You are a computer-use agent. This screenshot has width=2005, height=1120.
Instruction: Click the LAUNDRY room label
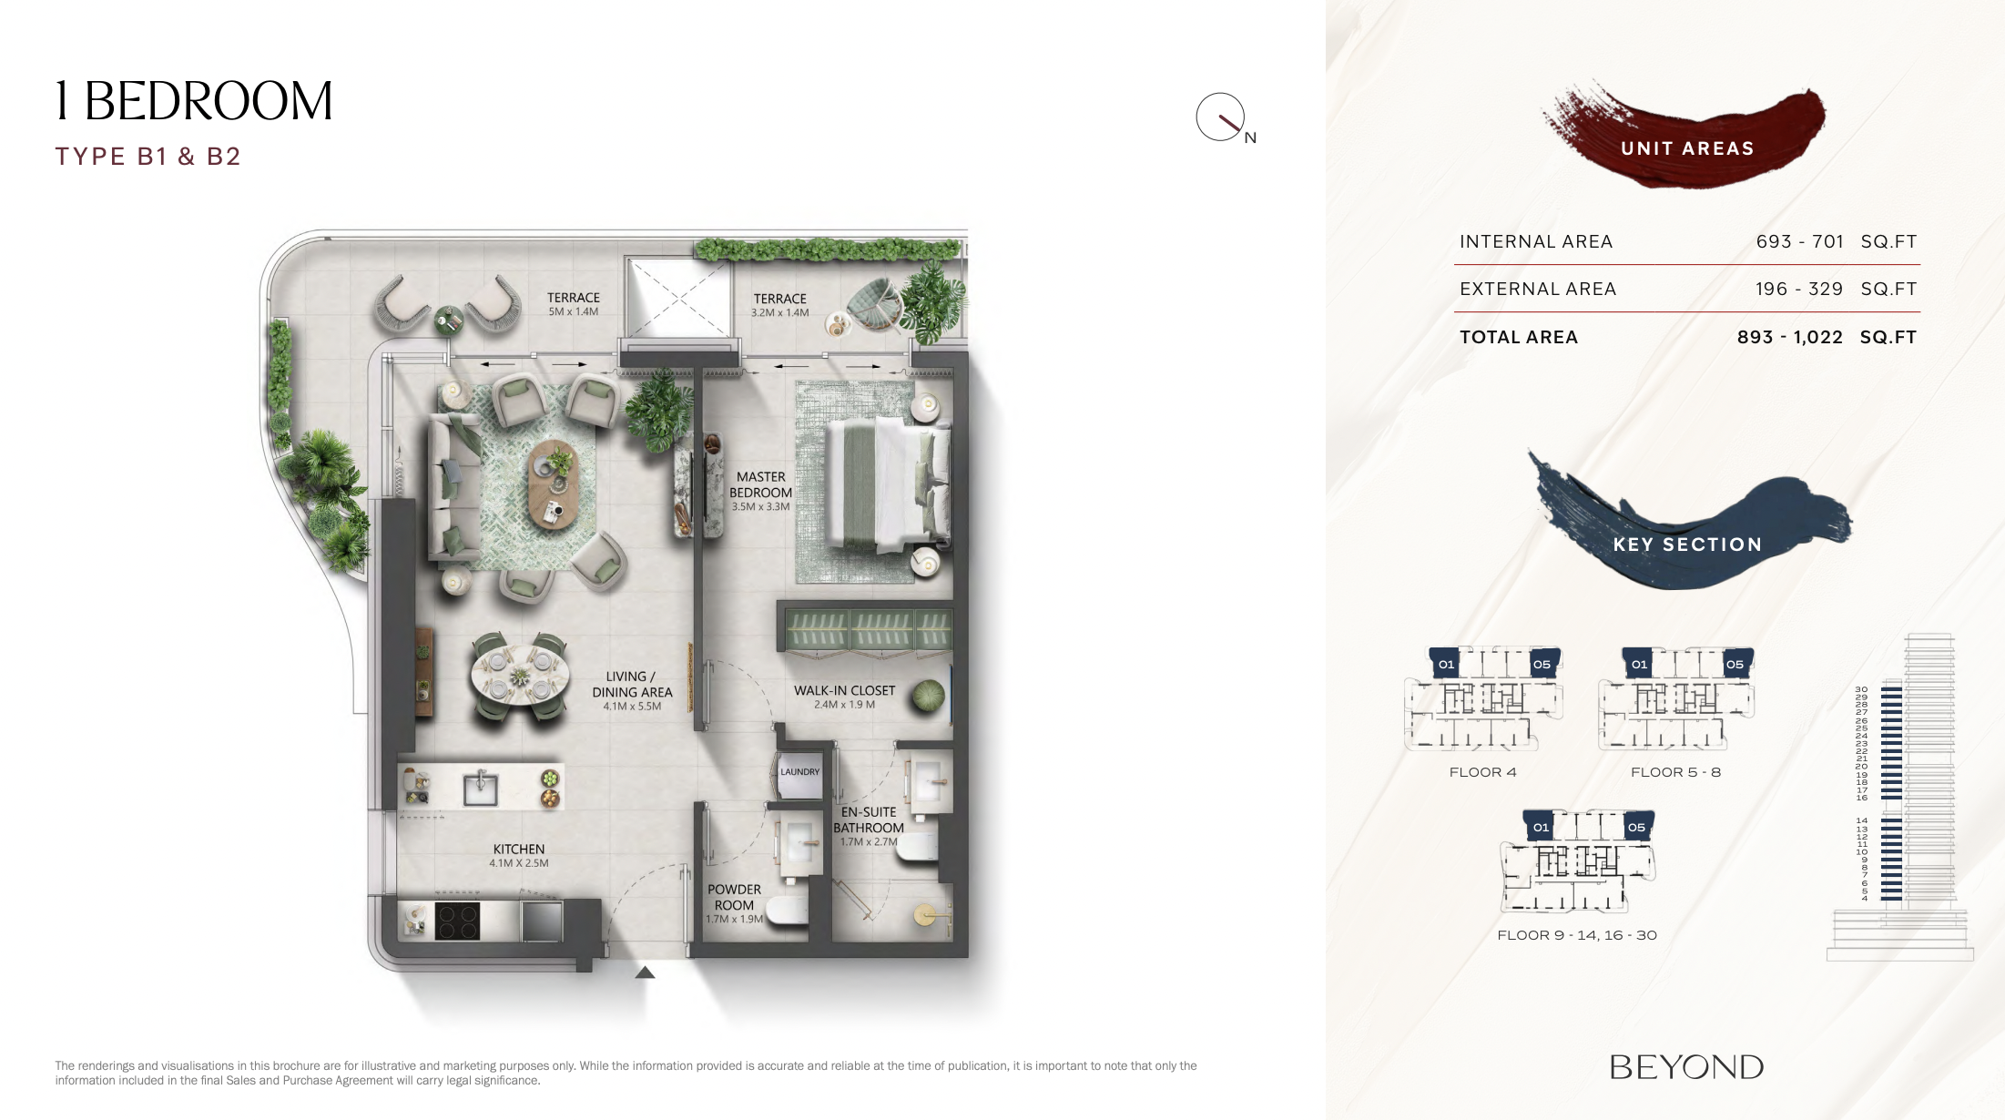point(799,772)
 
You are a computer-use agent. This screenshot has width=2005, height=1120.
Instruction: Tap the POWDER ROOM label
point(734,897)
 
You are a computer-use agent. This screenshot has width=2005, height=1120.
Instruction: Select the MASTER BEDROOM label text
point(760,484)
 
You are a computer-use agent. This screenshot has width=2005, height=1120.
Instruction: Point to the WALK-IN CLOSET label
point(844,690)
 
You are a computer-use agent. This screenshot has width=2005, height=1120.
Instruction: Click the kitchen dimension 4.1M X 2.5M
point(519,863)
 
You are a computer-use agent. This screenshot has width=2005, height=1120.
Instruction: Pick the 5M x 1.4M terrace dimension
point(574,311)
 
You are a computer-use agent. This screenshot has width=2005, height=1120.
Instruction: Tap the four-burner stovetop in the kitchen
point(457,920)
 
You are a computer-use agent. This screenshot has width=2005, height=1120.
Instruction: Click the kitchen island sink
point(480,788)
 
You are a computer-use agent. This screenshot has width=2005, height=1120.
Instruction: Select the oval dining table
point(520,677)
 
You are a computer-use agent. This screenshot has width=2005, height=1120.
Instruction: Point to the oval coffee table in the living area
point(553,485)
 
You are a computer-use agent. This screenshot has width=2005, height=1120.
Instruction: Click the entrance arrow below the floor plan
point(645,972)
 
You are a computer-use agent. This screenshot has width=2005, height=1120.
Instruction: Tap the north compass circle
point(1220,117)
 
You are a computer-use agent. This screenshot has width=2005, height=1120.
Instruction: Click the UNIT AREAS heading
point(1687,148)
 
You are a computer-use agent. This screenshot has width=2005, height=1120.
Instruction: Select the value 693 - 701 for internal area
point(1799,241)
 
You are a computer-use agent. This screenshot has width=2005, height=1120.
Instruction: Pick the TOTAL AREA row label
point(1519,337)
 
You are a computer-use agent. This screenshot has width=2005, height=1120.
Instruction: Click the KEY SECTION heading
point(1687,545)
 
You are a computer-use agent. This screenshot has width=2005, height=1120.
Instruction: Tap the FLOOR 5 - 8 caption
point(1675,772)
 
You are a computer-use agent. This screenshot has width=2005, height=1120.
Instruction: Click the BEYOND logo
point(1686,1067)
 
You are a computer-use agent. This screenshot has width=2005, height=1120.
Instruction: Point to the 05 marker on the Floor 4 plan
point(1542,664)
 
